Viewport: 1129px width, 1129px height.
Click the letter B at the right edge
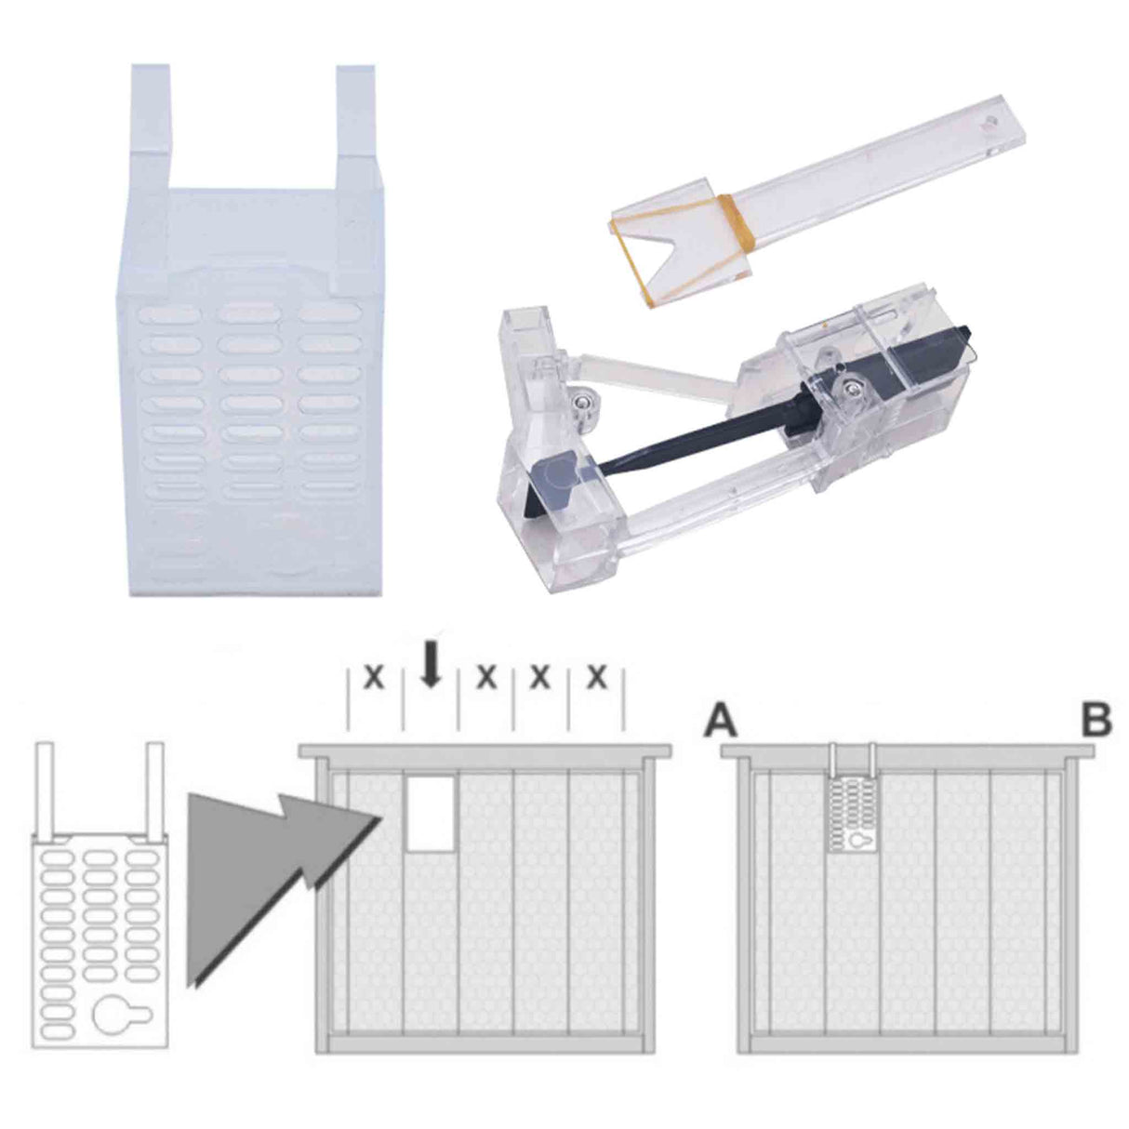[1094, 722]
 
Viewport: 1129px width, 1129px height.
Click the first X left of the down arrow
[374, 678]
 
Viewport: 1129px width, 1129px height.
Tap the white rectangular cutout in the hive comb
[431, 814]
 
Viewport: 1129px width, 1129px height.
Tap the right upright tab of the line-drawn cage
[155, 786]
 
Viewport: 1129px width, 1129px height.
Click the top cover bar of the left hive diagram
[484, 749]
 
